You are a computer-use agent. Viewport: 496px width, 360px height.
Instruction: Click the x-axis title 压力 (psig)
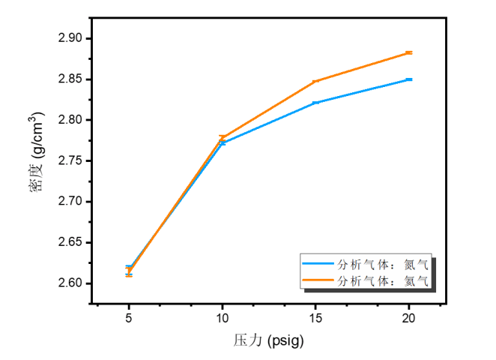click(268, 340)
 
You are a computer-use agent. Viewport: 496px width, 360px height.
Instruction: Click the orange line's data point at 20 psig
click(409, 52)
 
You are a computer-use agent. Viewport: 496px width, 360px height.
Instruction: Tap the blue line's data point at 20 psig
click(409, 79)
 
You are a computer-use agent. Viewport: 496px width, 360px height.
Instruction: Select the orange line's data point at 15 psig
click(315, 81)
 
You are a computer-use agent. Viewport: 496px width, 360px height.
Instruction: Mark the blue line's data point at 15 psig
click(315, 103)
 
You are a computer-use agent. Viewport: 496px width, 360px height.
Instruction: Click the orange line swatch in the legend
click(318, 281)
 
